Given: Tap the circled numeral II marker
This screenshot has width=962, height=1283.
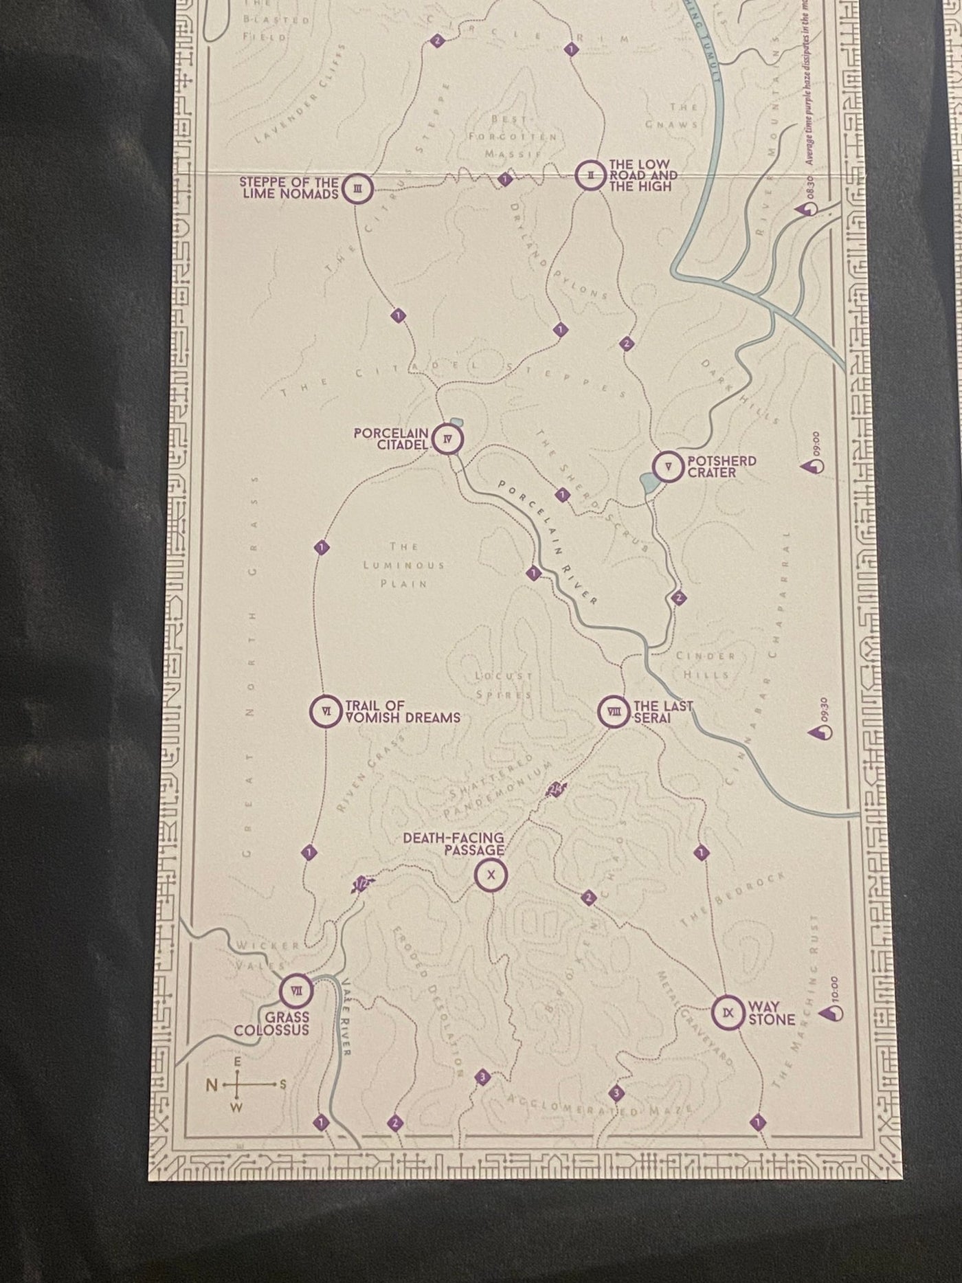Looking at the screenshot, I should tap(590, 176).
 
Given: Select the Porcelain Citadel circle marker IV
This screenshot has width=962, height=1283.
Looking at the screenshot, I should tap(449, 439).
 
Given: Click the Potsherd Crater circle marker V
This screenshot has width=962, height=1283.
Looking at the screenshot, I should tap(667, 467).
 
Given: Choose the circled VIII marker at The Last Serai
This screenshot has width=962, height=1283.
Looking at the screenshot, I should tap(613, 711).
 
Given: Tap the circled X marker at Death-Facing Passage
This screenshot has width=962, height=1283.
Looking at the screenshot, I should tap(491, 875).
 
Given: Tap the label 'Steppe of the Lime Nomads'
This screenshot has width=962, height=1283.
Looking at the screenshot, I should tap(289, 188).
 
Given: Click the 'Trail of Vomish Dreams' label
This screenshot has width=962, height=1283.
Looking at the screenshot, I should tap(402, 712).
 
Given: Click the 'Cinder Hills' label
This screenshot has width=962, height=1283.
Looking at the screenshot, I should tap(706, 665).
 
